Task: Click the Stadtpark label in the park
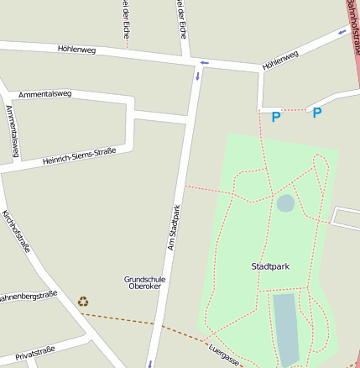tap(270, 266)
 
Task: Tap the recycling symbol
tap(83, 302)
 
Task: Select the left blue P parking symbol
tap(275, 118)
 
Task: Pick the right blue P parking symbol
tap(317, 113)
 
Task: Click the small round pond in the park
tap(285, 202)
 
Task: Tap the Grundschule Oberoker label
tap(144, 282)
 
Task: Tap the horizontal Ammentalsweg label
tap(44, 94)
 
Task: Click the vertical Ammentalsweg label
tap(11, 131)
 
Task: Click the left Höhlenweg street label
tap(77, 49)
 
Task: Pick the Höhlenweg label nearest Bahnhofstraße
tap(280, 60)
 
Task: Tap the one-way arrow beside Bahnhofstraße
tap(342, 33)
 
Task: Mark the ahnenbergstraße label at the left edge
tap(28, 296)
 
